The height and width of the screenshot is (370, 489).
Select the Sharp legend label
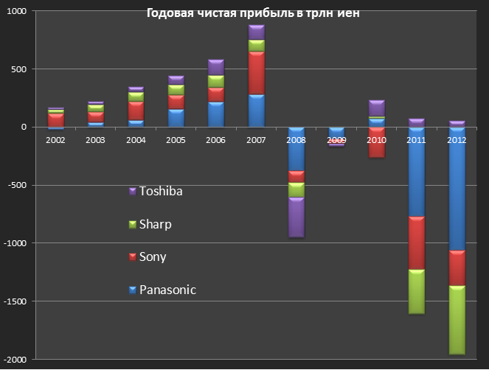(x=156, y=224)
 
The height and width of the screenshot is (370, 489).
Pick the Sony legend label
(x=153, y=257)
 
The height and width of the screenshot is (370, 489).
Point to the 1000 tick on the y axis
(x=15, y=12)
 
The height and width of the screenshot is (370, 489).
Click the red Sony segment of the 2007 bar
(x=256, y=73)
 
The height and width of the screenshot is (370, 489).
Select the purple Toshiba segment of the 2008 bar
(x=296, y=217)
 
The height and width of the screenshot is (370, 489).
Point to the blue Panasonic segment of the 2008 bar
(x=296, y=148)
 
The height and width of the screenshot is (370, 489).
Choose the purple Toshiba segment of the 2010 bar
(x=377, y=108)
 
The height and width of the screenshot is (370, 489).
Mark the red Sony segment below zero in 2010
(x=377, y=143)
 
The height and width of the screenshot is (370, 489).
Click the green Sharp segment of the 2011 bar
(x=417, y=292)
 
